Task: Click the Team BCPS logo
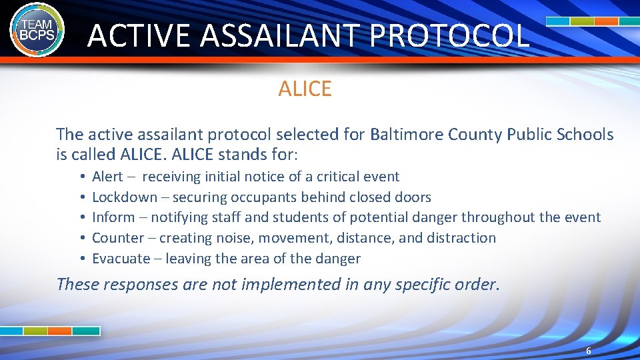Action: pos(37,29)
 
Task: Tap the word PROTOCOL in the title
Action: pos(449,35)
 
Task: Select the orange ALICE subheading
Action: pos(305,89)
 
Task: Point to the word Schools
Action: pos(580,135)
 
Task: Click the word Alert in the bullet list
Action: pos(107,177)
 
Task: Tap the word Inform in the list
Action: pos(111,217)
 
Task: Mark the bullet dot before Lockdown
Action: pos(79,198)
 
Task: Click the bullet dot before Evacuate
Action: pos(79,259)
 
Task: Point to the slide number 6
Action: pos(588,351)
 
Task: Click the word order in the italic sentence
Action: pos(475,285)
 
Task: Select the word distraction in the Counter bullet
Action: pos(461,238)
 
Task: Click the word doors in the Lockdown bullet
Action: pos(413,197)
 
